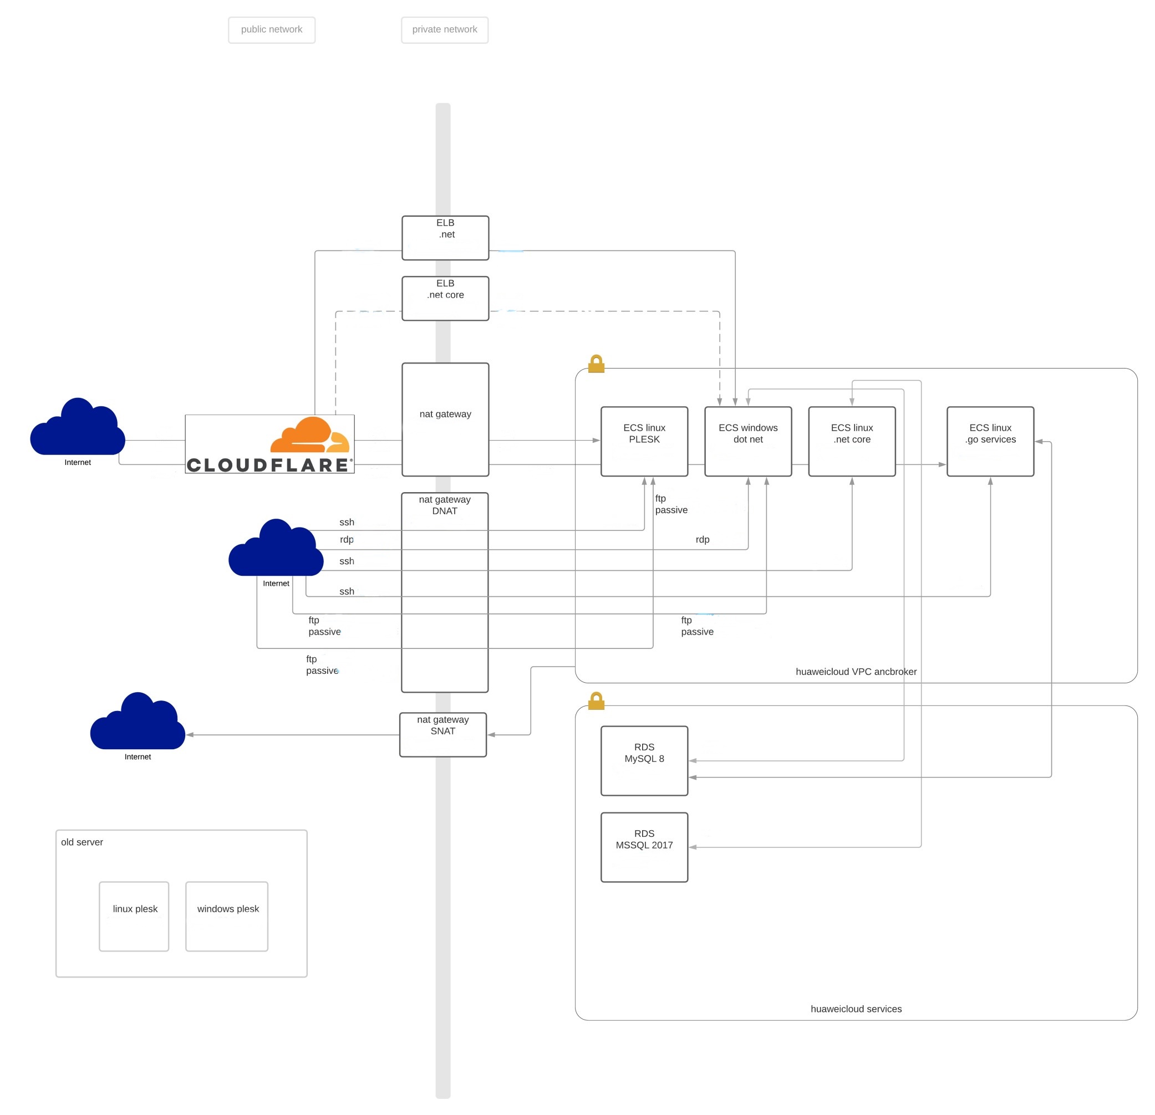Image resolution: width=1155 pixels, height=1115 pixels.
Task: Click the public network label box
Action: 272,30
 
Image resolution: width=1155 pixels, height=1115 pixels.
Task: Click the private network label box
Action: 444,30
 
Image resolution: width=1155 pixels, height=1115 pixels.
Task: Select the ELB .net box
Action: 445,238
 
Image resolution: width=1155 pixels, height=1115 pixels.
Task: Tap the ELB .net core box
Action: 445,299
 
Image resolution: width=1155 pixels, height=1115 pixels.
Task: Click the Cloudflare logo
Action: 269,444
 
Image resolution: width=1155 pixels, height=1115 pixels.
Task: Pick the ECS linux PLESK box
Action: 644,441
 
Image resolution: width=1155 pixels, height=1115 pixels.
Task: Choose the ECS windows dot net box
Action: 748,441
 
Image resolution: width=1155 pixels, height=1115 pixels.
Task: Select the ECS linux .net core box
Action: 852,441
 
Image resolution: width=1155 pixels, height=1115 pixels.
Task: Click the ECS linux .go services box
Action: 990,441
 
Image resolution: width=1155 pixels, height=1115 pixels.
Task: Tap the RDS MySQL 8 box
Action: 644,760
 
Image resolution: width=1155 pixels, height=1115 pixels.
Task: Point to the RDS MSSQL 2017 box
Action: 644,847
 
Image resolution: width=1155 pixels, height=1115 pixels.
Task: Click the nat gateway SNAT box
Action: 442,734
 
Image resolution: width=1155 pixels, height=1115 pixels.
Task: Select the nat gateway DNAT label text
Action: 444,505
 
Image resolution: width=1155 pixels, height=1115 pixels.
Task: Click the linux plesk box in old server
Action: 134,916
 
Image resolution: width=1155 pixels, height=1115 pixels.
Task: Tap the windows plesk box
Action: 227,916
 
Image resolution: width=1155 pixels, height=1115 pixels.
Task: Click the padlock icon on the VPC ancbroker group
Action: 597,364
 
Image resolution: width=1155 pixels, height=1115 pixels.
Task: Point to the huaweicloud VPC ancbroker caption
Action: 856,672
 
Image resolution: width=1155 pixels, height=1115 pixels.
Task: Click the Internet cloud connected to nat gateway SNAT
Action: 138,723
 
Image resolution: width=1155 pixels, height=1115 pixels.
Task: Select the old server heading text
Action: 82,842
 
